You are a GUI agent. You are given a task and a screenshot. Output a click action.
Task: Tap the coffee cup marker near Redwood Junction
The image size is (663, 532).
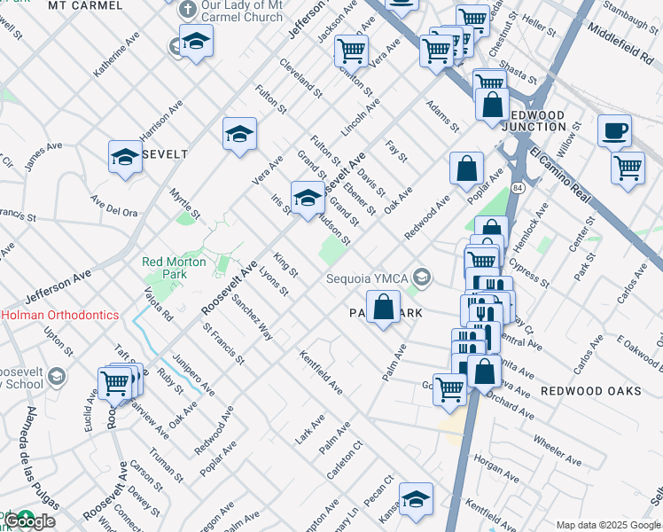click(614, 132)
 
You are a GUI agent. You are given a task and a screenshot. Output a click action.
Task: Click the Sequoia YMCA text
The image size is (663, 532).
click(365, 278)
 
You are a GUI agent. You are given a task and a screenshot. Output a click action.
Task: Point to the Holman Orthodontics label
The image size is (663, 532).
click(59, 314)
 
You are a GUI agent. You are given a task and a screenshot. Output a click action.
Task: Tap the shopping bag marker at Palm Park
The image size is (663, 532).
click(382, 309)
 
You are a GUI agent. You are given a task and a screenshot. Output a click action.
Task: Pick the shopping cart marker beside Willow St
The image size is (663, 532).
click(628, 167)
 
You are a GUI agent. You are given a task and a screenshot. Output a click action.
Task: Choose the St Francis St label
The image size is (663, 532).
click(223, 343)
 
